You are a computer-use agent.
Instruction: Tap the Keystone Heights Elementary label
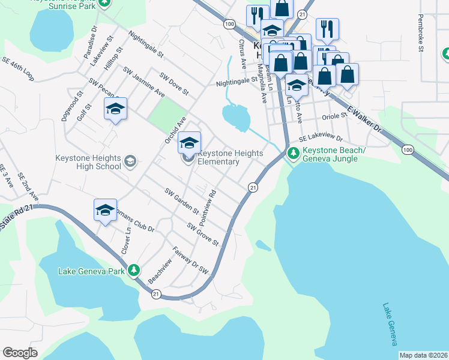231,157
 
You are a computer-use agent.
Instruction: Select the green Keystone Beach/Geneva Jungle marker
293,154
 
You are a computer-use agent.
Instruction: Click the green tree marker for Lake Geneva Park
136,271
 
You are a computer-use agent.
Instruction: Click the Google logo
20,353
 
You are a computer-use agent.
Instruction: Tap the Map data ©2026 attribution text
423,355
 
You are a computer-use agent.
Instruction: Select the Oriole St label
331,117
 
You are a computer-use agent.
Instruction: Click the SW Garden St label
182,201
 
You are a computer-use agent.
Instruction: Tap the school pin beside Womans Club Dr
105,210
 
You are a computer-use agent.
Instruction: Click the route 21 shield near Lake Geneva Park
156,293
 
